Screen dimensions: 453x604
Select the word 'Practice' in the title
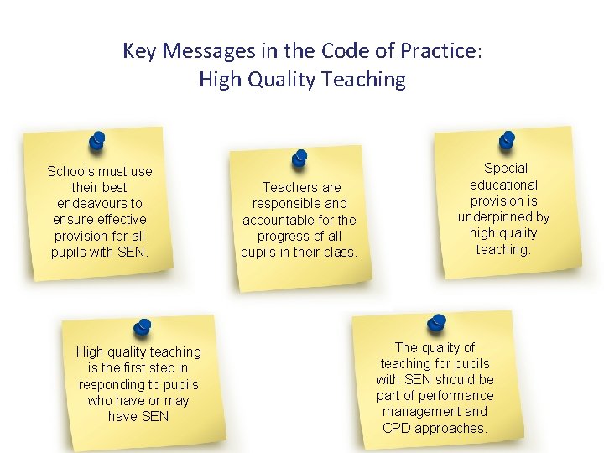pyautogui.click(x=440, y=51)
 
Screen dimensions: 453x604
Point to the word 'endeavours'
pyautogui.click(x=100, y=204)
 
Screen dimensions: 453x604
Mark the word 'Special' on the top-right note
pyautogui.click(x=506, y=169)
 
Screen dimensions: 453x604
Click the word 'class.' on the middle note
pyautogui.click(x=340, y=253)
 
